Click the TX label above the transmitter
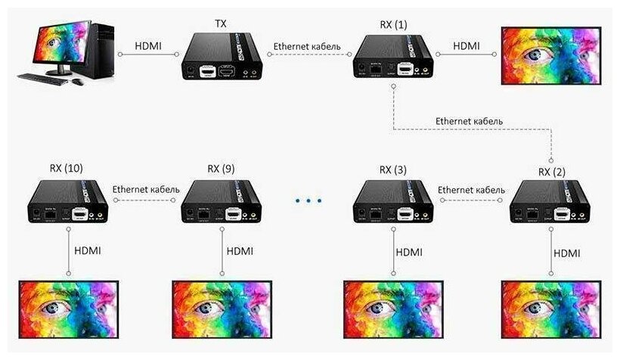click(x=220, y=25)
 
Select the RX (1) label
click(x=393, y=25)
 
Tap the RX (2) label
click(x=552, y=172)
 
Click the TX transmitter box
click(x=226, y=60)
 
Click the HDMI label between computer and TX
click(x=147, y=46)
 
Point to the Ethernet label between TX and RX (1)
click(x=307, y=46)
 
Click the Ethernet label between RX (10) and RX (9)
click(x=146, y=189)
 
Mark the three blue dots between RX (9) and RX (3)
click(x=308, y=201)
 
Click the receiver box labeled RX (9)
click(x=222, y=203)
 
